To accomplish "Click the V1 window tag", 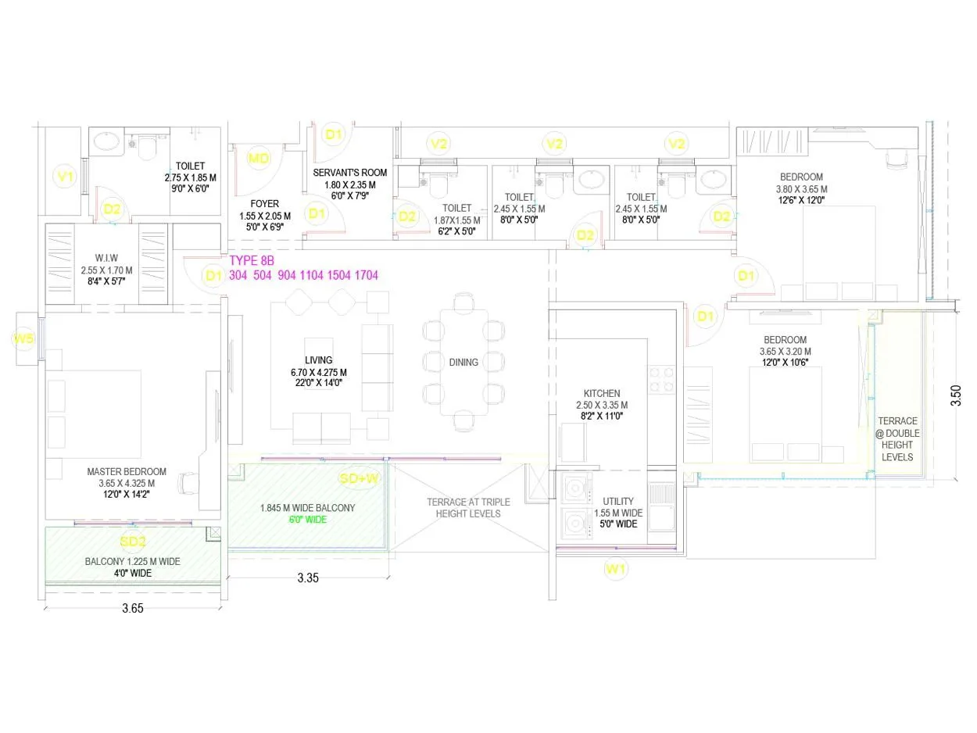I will [x=65, y=177].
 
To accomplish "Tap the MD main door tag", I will [x=258, y=159].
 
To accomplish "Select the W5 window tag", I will [x=23, y=338].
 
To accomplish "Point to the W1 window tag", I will [x=617, y=569].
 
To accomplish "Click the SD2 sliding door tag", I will [x=132, y=542].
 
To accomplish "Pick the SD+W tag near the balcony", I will [x=360, y=477].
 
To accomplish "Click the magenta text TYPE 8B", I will [x=252, y=260].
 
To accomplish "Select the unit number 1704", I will [x=366, y=275].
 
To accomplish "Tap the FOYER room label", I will [x=264, y=204].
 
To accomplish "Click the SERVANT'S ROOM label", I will [x=350, y=173].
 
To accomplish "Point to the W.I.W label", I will [x=106, y=259].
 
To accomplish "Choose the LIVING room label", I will [x=318, y=360].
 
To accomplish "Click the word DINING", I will [x=463, y=363].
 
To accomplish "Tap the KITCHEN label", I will [x=602, y=393].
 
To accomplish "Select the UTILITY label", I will [x=618, y=501].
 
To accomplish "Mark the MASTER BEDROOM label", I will [x=127, y=471].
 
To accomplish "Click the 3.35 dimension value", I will [x=309, y=578].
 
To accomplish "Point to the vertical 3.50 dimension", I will [x=955, y=395].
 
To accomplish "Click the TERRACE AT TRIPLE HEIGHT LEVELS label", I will [x=468, y=507].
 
